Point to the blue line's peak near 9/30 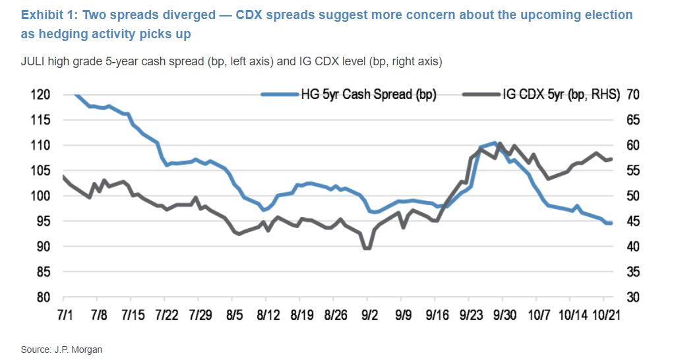coord(494,142)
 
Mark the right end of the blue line coord(611,224)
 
